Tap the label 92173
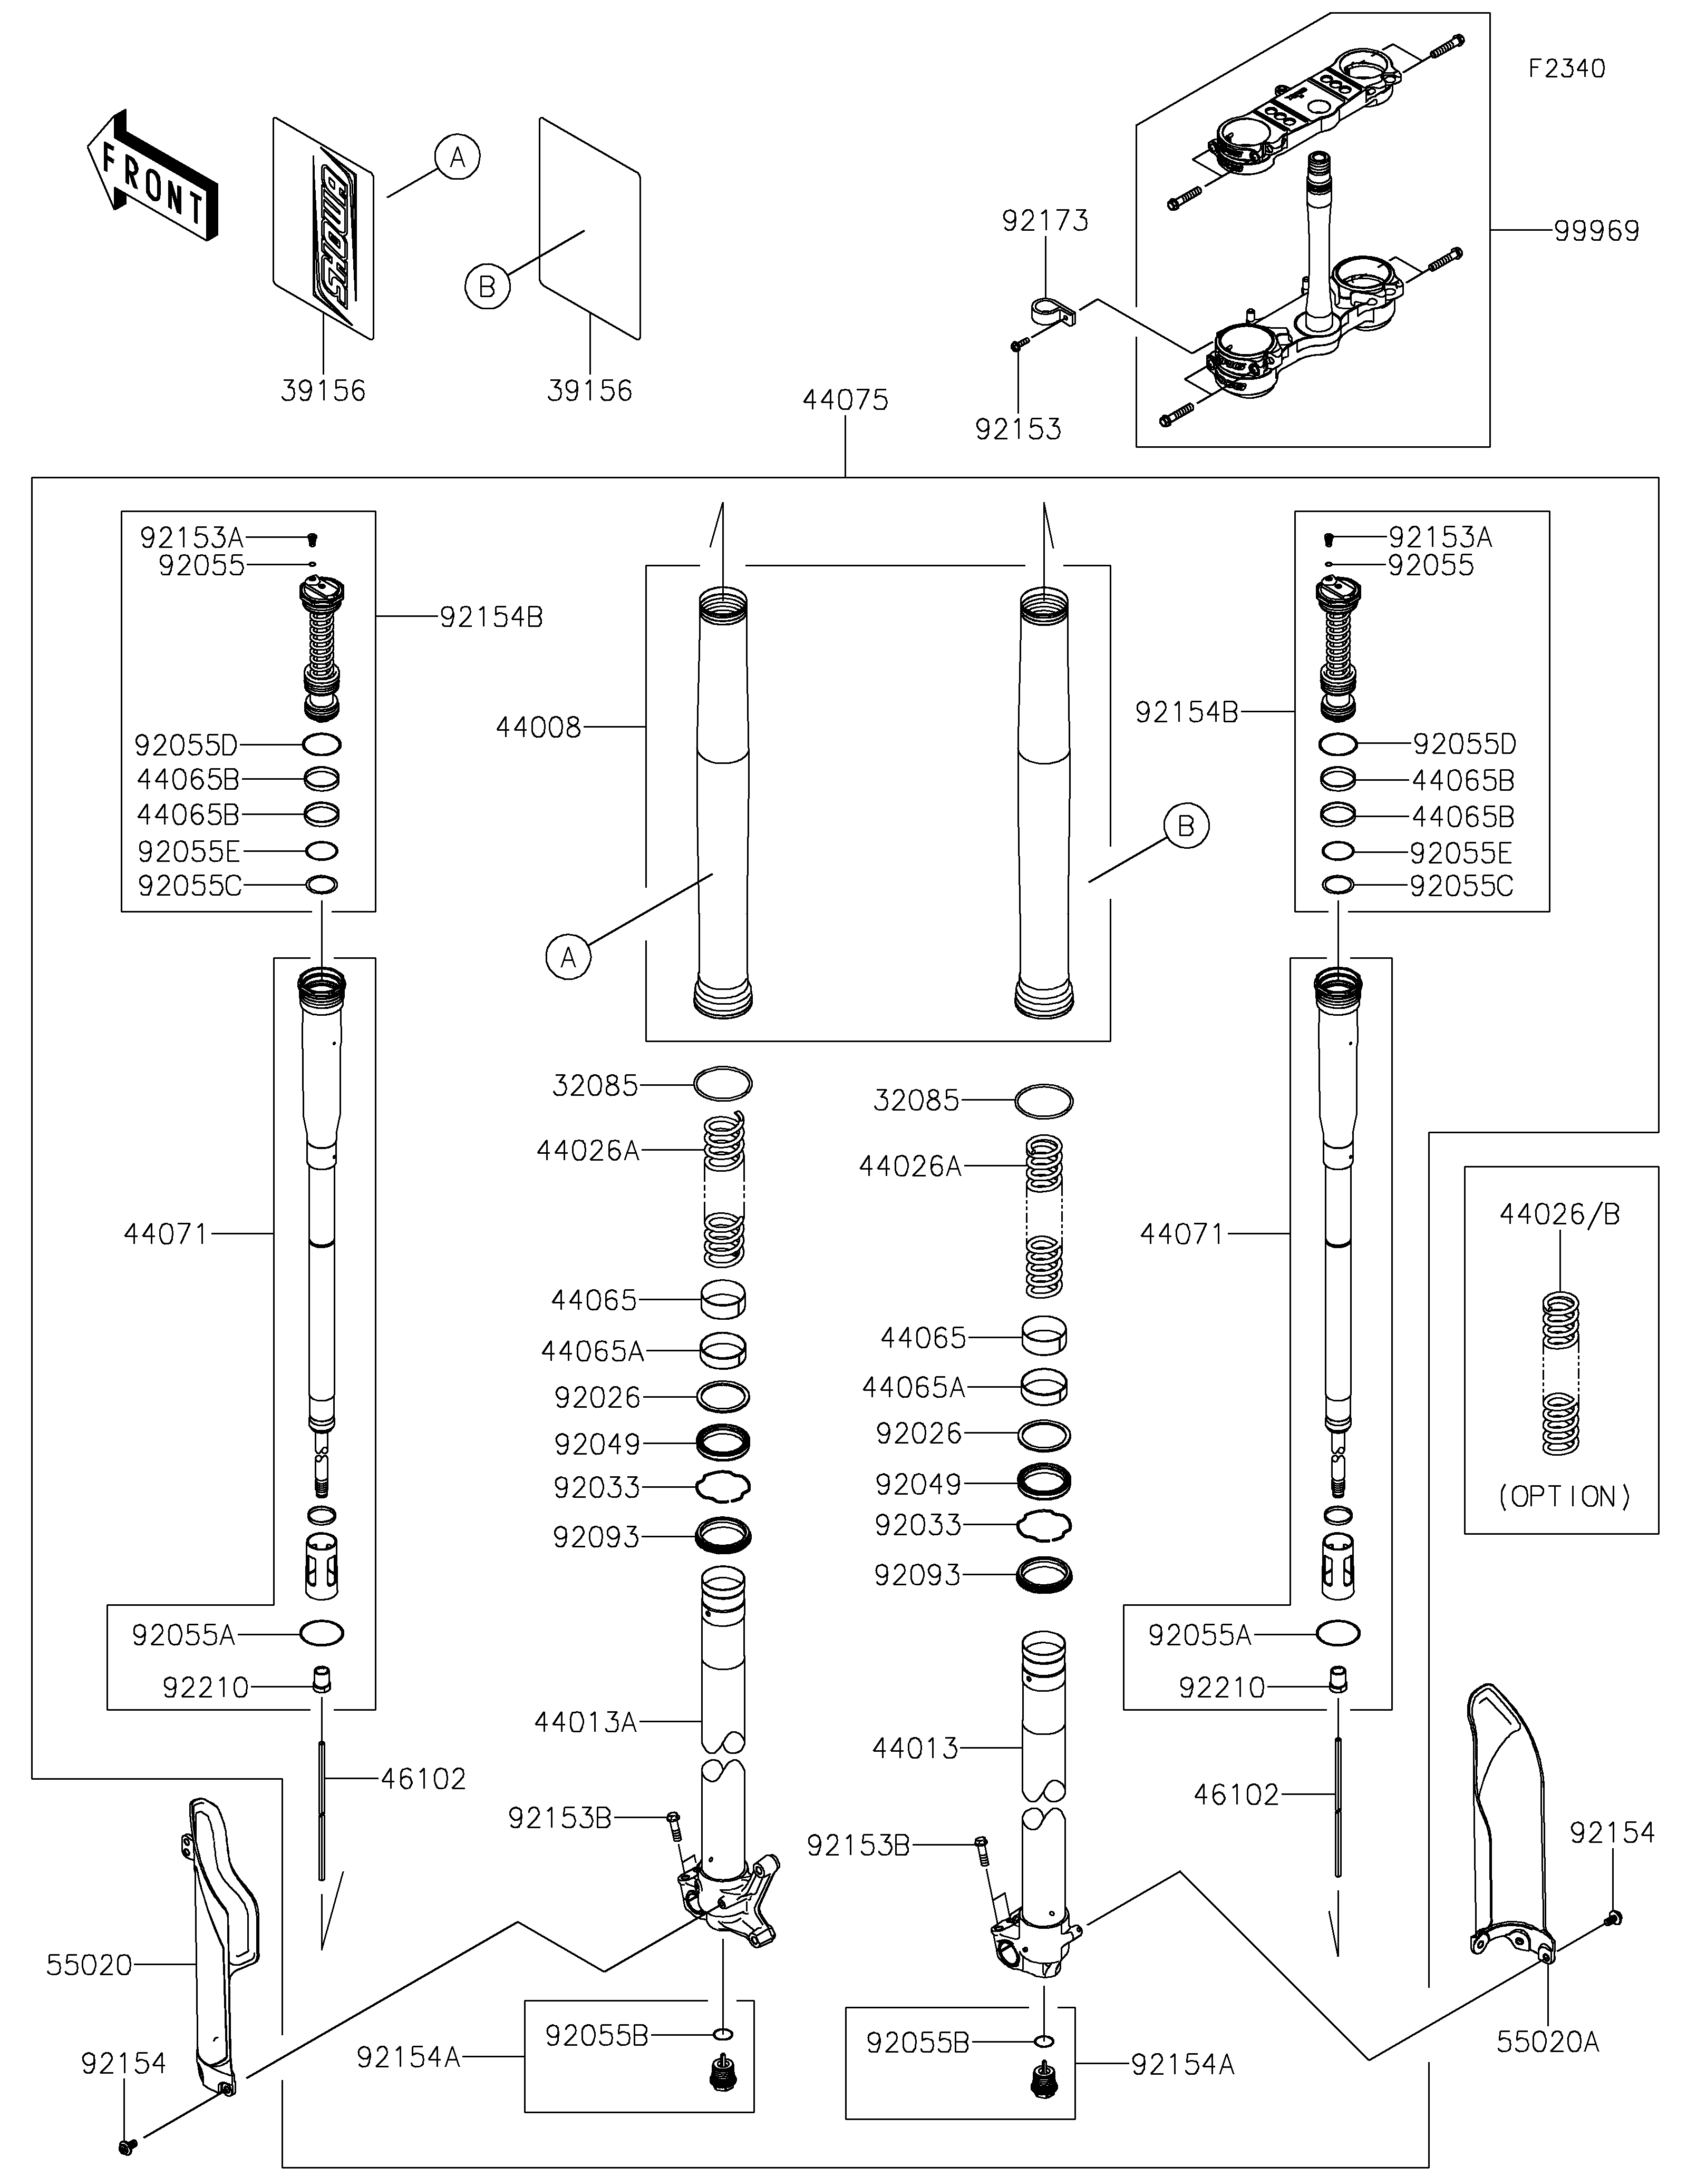coord(1045,220)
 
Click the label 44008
coord(539,728)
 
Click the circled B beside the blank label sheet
coord(487,287)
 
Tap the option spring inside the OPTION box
coord(1562,1372)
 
